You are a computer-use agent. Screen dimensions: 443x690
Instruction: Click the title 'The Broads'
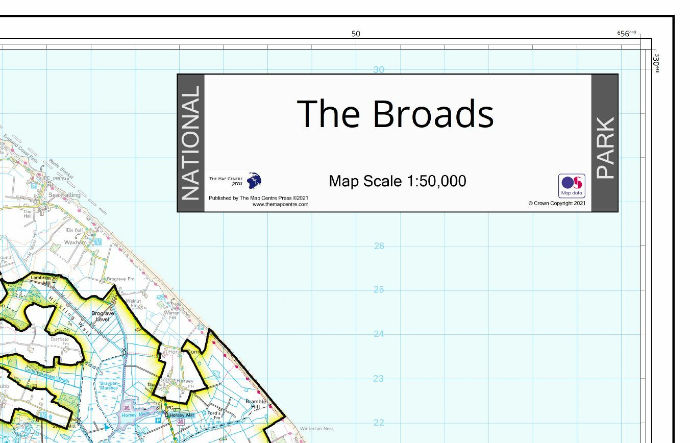tap(395, 113)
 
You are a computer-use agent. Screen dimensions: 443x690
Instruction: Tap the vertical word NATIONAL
tap(190, 143)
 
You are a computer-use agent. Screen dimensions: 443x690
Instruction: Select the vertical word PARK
tap(605, 148)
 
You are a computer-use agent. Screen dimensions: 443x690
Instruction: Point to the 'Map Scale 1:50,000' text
tap(397, 181)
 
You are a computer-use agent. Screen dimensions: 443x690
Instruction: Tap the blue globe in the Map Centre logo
tap(254, 180)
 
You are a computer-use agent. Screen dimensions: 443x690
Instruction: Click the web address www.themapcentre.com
tap(280, 204)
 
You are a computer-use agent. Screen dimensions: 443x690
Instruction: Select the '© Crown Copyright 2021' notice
tap(557, 203)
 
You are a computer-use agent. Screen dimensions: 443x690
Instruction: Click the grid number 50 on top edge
tap(356, 34)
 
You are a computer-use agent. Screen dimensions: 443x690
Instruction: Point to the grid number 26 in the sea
tap(379, 246)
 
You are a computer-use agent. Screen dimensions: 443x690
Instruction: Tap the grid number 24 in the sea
tap(379, 334)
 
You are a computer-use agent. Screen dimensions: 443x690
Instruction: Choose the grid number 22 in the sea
tap(379, 423)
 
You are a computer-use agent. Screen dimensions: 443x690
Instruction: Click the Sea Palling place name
tap(64, 195)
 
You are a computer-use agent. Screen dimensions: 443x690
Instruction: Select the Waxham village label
tap(76, 242)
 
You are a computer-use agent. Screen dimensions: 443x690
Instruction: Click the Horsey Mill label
tap(182, 415)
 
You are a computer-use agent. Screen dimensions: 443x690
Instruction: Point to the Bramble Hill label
tap(256, 404)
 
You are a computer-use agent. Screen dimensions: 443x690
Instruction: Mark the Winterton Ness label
tap(316, 429)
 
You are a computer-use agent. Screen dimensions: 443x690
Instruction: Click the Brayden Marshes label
tap(109, 385)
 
